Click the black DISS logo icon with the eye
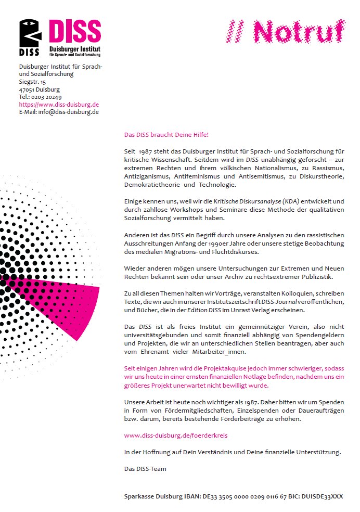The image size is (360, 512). [x=30, y=37]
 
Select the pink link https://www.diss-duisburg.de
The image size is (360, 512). [x=59, y=104]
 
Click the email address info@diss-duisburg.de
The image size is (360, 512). [x=68, y=111]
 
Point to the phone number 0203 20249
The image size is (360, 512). [x=47, y=97]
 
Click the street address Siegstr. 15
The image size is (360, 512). [x=32, y=82]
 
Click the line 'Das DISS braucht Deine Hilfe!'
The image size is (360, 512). [x=166, y=135]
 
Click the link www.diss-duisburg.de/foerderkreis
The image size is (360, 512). [x=175, y=435]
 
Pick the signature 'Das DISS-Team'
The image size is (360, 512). [x=145, y=469]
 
